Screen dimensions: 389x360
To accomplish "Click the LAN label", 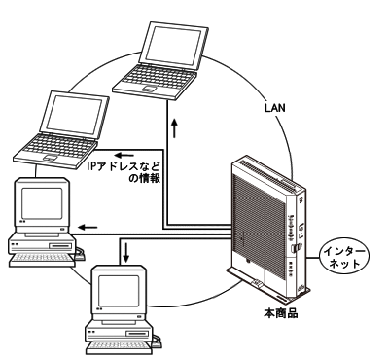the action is pos(275,108).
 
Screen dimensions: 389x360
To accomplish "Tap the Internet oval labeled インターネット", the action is pos(344,258).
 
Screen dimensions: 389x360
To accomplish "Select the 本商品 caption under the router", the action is pos(281,313).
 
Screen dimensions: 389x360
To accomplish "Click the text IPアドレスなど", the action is pos(124,166).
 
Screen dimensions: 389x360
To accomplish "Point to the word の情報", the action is pos(145,178).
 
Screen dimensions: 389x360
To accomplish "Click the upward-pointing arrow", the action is pos(175,128).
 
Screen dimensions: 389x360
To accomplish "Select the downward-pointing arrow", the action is pos(126,253).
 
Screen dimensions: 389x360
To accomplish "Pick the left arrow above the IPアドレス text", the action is pos(125,155).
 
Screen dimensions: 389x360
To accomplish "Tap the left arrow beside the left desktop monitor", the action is pos(88,227).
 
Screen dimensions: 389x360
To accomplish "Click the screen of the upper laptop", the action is pos(173,46).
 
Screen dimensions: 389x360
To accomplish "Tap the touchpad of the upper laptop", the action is pos(150,89).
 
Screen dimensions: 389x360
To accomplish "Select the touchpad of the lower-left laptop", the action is pos(51,159).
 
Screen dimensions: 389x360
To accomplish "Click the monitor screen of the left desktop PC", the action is pos(42,203).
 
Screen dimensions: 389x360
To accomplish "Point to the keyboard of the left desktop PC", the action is pos(42,260).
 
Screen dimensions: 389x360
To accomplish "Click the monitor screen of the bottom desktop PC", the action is pos(119,291).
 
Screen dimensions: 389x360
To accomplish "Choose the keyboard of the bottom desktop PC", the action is pos(119,347).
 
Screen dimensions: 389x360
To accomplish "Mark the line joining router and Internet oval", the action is pos(313,258).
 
